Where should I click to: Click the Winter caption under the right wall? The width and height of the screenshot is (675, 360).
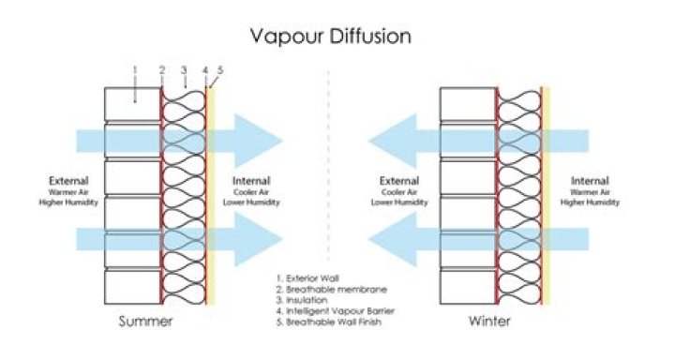[490, 322]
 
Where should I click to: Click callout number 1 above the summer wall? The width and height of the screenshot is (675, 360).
[135, 69]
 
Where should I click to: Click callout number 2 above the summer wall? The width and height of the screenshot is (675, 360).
[162, 69]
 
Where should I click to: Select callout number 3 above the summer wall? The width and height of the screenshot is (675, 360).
[184, 69]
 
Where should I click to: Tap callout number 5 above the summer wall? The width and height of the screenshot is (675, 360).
[220, 69]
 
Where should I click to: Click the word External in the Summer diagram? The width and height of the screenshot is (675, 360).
[70, 181]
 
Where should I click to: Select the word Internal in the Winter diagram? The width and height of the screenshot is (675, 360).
[592, 181]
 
